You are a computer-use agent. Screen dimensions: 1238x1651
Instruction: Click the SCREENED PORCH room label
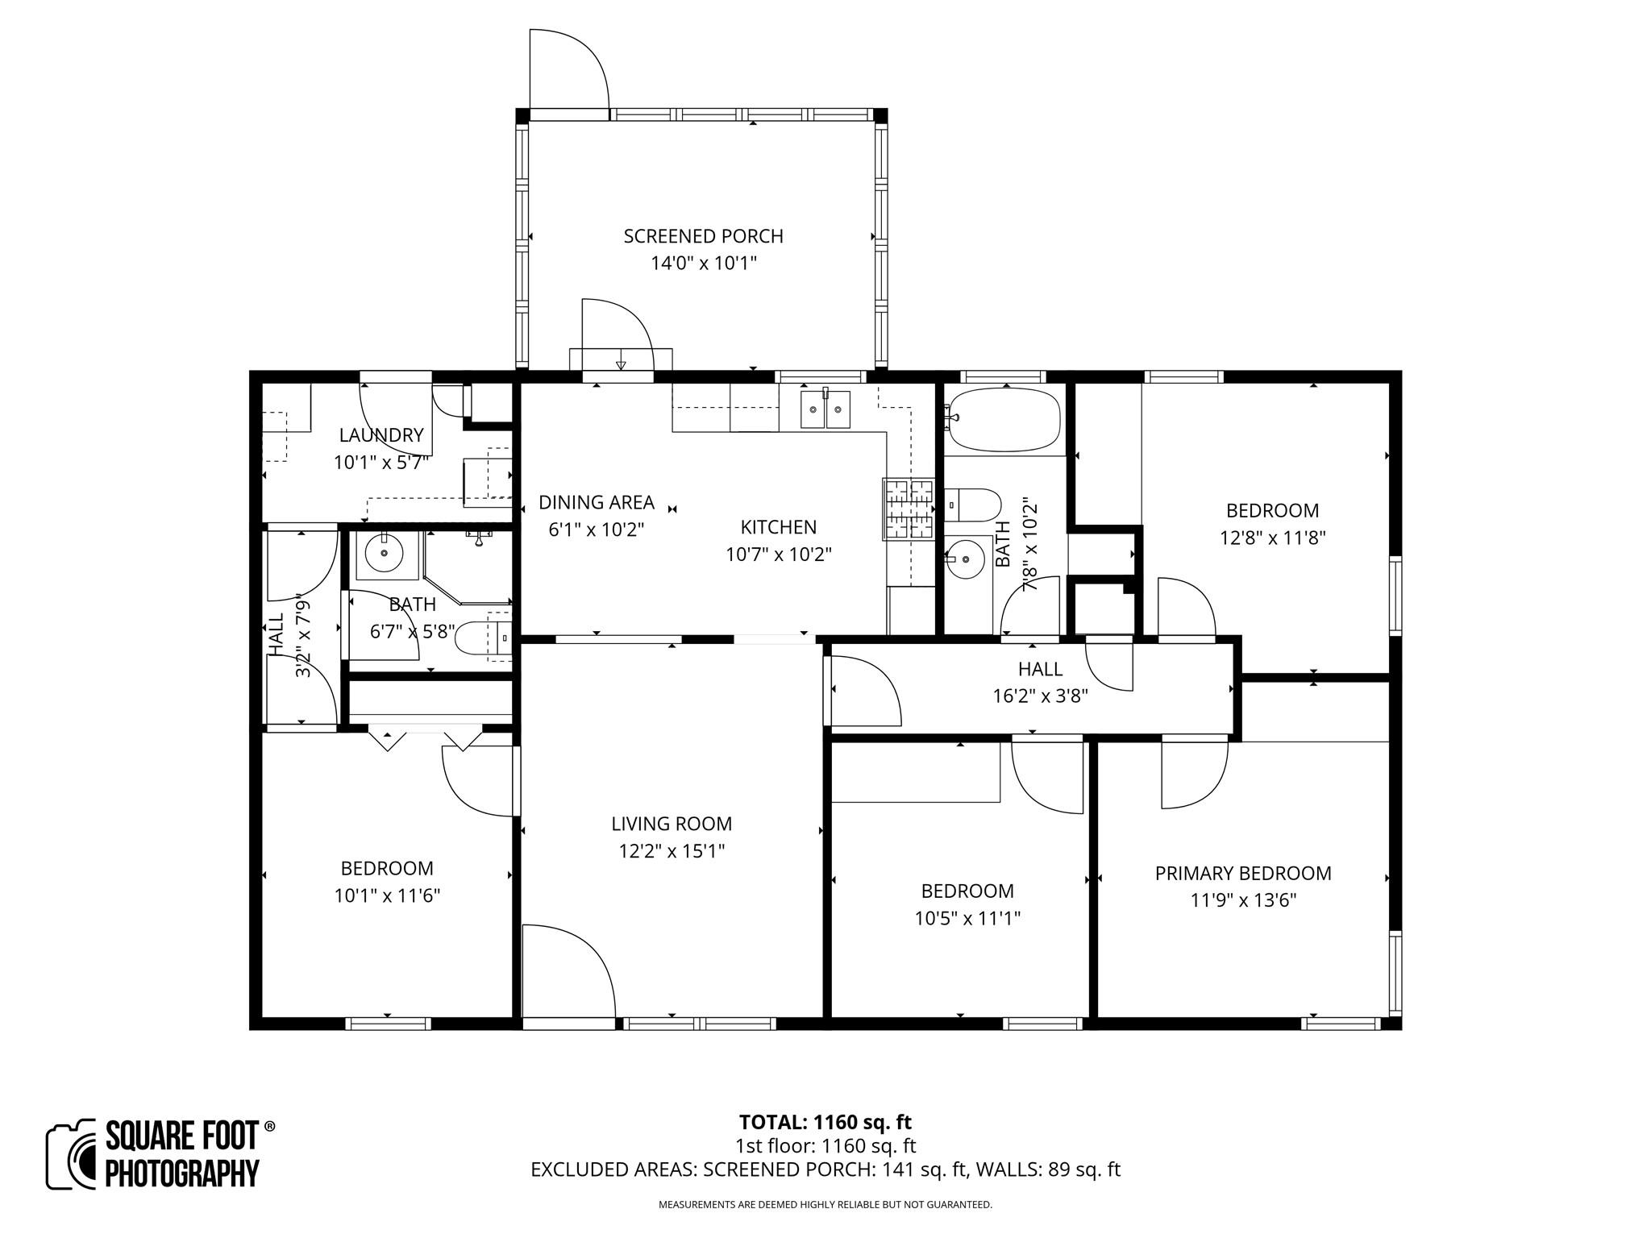703,236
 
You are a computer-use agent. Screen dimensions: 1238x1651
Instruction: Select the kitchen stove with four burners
909,509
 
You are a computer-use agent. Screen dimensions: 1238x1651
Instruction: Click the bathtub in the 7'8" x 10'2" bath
1004,420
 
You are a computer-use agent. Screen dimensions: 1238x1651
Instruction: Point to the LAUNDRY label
381,435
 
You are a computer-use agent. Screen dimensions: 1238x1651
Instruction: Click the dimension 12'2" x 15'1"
672,851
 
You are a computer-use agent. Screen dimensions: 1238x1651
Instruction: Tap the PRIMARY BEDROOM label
1242,873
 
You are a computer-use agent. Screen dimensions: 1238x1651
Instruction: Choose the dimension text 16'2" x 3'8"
1040,696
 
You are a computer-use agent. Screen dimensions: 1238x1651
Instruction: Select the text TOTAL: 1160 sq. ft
825,1122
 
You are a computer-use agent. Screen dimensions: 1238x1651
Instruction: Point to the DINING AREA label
596,502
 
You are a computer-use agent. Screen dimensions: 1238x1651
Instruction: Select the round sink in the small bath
384,554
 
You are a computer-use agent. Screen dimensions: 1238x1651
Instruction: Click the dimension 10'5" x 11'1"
967,918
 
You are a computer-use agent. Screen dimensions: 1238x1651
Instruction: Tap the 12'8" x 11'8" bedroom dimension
1272,538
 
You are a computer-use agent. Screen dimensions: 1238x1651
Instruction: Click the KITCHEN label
778,527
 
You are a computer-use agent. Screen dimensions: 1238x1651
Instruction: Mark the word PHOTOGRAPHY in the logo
182,1173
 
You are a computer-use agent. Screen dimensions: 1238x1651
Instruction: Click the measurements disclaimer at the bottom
825,1205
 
